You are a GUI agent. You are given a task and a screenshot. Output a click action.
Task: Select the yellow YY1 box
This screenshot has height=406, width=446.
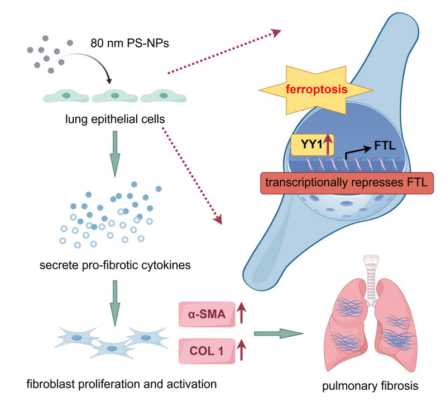click(x=309, y=145)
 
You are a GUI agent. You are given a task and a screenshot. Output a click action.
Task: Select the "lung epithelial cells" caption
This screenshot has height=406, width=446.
click(x=114, y=118)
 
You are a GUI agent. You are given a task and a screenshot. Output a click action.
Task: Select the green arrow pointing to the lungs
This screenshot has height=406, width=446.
click(x=277, y=333)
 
